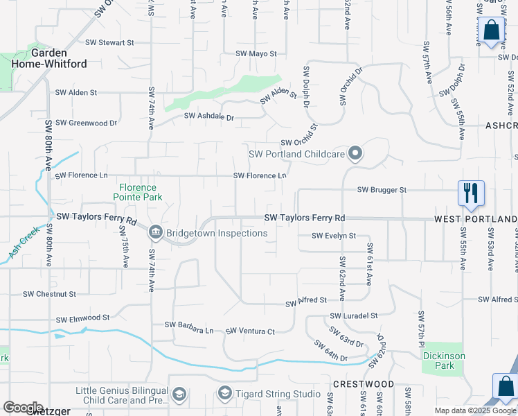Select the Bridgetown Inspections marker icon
click(155, 232)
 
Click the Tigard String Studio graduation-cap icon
click(224, 395)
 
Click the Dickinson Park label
click(443, 361)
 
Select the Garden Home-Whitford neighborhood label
click(48, 58)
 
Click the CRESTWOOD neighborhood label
click(363, 384)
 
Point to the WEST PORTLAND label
click(476, 219)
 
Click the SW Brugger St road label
click(382, 189)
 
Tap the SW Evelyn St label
click(333, 236)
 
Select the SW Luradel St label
click(355, 315)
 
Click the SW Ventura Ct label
click(250, 331)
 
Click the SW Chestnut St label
click(49, 294)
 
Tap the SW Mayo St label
click(256, 53)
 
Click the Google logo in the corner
click(23, 407)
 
